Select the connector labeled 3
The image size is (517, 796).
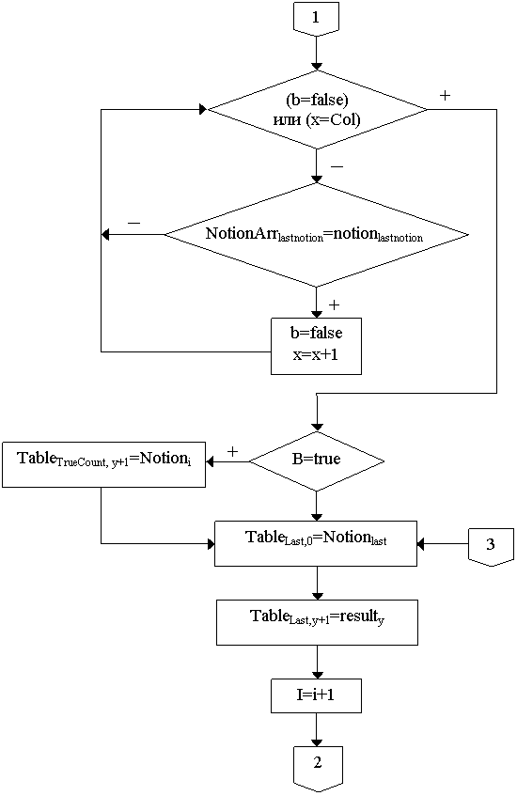tap(491, 546)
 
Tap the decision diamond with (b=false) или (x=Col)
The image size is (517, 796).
tap(318, 110)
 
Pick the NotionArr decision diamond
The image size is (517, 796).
tap(316, 235)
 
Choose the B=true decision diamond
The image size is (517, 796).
tap(317, 460)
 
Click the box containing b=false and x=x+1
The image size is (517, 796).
tap(316, 346)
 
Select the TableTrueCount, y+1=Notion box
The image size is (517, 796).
tap(104, 464)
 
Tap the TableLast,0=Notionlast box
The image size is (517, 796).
tap(316, 543)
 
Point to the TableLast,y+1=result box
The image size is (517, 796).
tap(317, 622)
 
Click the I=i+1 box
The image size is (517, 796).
tap(316, 695)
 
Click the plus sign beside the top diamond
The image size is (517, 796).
tap(445, 96)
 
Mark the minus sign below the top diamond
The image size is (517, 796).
tap(337, 167)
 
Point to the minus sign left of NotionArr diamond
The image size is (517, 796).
tap(134, 223)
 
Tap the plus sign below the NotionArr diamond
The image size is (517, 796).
tap(334, 304)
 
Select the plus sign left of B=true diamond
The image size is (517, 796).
tap(232, 451)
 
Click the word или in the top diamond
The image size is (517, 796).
tap(288, 120)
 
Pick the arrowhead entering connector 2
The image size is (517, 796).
tap(317, 741)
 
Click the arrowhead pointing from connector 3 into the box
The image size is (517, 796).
tap(421, 544)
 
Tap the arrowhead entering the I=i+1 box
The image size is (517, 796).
tap(317, 674)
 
